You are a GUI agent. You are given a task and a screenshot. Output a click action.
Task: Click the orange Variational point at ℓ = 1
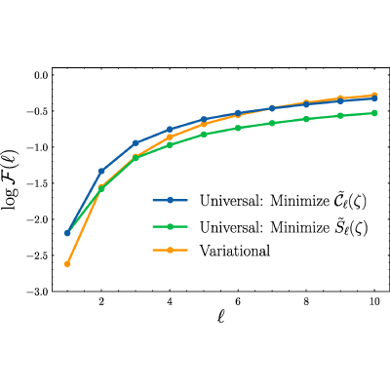pyautogui.click(x=67, y=264)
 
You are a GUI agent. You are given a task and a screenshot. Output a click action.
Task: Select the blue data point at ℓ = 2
pyautogui.click(x=101, y=171)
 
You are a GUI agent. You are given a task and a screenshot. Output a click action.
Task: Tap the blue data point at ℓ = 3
pyautogui.click(x=136, y=143)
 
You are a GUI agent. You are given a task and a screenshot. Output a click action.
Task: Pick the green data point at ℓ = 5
pyautogui.click(x=204, y=135)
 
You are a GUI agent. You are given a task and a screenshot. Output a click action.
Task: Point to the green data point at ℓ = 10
pyautogui.click(x=374, y=113)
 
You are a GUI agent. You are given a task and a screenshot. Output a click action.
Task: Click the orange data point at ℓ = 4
pyautogui.click(x=170, y=137)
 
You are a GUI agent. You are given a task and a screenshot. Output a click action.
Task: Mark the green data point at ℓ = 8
pyautogui.click(x=306, y=119)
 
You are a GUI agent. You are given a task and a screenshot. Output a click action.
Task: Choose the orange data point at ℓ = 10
pyautogui.click(x=374, y=96)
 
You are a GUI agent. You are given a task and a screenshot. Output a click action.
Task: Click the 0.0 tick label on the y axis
pyautogui.click(x=41, y=75)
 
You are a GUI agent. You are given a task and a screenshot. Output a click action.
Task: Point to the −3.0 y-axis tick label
pyautogui.click(x=38, y=292)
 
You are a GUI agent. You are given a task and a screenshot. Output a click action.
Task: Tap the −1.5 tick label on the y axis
pyautogui.click(x=38, y=183)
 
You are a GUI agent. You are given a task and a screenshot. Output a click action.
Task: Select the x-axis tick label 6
pyautogui.click(x=238, y=301)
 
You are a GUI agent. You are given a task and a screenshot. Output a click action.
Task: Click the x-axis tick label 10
pyautogui.click(x=374, y=301)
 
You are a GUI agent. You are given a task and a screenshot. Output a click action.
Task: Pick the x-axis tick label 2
pyautogui.click(x=101, y=301)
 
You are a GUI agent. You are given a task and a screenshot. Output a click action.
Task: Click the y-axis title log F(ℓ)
pyautogui.click(x=11, y=179)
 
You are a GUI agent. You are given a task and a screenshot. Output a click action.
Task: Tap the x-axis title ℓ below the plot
pyautogui.click(x=221, y=317)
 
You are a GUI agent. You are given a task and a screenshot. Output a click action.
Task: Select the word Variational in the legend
pyautogui.click(x=235, y=251)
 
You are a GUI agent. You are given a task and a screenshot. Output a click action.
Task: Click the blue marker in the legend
pyautogui.click(x=170, y=201)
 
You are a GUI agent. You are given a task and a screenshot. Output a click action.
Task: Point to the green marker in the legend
pyautogui.click(x=170, y=227)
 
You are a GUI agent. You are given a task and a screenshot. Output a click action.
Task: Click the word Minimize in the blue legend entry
pyautogui.click(x=299, y=201)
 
